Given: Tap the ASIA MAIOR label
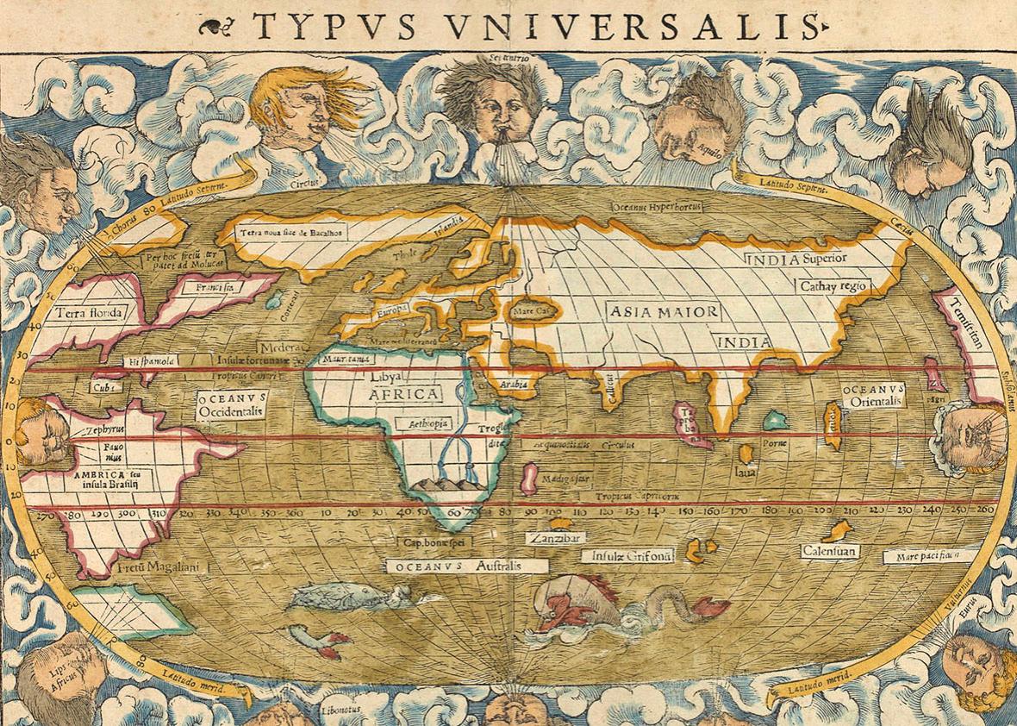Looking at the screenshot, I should (661, 311).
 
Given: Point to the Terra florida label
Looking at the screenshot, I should (89, 312).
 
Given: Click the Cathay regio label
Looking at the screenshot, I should (834, 285).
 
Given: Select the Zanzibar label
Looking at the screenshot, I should (556, 537).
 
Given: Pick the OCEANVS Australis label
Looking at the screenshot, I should (467, 566).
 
